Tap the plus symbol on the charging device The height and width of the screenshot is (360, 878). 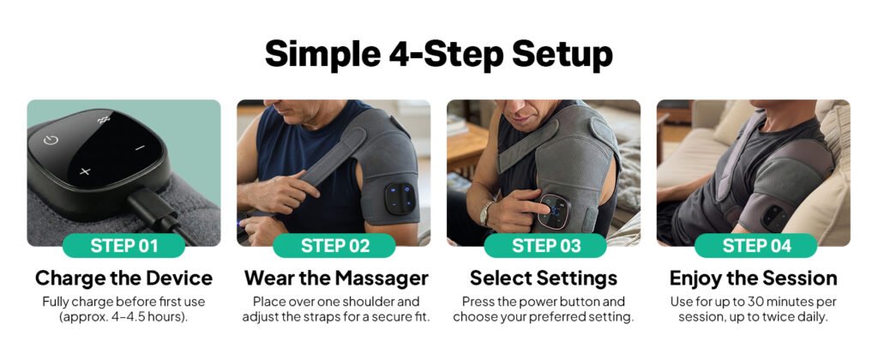coord(84,171)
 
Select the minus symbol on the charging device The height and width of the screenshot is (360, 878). coord(139,147)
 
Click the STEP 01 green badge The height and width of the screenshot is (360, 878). coord(123,246)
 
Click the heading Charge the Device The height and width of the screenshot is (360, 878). coord(123,279)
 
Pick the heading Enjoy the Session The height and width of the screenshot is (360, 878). coord(754,279)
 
